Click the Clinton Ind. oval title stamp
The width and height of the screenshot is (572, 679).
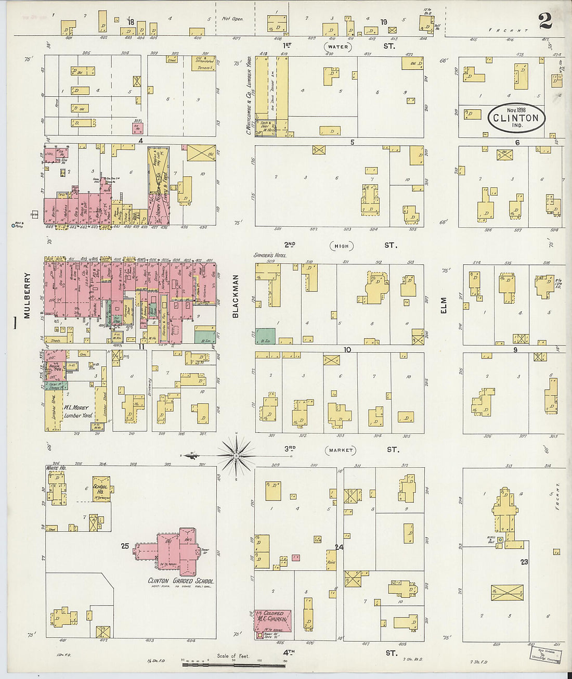pyautogui.click(x=516, y=118)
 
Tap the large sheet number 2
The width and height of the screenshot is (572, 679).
pyautogui.click(x=545, y=21)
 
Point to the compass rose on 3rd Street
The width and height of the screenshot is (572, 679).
pyautogui.click(x=236, y=456)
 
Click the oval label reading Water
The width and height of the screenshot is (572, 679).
pyautogui.click(x=337, y=47)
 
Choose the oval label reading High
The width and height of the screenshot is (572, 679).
pyautogui.click(x=341, y=246)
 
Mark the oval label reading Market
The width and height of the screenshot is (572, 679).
pyautogui.click(x=341, y=450)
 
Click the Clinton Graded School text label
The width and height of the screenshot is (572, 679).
pyautogui.click(x=180, y=581)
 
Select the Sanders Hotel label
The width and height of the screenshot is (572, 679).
pyautogui.click(x=270, y=255)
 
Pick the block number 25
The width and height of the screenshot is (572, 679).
pyautogui.click(x=125, y=546)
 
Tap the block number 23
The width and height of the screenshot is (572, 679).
pyautogui.click(x=524, y=561)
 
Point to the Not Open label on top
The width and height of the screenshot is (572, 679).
pyautogui.click(x=232, y=19)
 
